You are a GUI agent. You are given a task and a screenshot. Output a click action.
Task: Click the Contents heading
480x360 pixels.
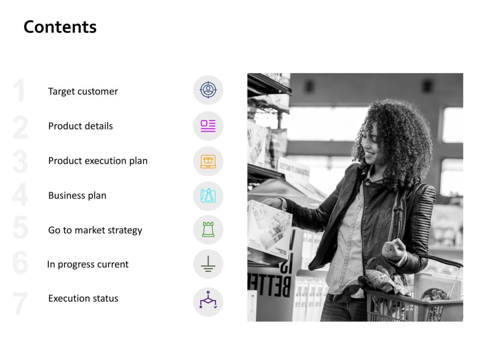coord(60,27)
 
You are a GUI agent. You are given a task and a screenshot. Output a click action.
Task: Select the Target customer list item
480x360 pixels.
coord(83,91)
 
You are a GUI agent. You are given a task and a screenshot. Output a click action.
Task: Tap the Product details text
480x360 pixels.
coord(81,126)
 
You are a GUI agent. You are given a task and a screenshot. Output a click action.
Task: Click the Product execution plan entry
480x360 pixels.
coord(98,161)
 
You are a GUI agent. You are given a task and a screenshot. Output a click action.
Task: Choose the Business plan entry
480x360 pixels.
coord(77,195)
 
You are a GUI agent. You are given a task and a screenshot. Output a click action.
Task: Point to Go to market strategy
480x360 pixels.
coord(95,230)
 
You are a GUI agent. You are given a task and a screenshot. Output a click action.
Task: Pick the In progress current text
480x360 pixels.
coord(88,264)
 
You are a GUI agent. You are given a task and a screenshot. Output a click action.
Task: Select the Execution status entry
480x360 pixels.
coord(83,298)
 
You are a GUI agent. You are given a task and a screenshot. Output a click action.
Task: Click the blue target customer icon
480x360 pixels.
coord(208,90)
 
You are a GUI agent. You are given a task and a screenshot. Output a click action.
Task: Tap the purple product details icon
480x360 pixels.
coord(208,126)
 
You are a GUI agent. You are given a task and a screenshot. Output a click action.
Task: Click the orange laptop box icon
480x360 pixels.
coord(208,161)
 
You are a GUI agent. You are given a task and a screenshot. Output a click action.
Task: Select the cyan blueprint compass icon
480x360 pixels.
coord(208,195)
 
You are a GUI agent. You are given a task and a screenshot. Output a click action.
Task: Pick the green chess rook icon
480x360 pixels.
coord(208,229)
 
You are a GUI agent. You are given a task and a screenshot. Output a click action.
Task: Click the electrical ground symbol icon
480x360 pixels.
coord(208,264)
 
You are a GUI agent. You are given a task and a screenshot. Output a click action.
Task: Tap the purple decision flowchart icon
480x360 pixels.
coord(208,300)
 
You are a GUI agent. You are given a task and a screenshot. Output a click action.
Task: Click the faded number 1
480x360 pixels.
coord(20,90)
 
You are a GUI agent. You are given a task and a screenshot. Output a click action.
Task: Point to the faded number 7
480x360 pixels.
coord(20,303)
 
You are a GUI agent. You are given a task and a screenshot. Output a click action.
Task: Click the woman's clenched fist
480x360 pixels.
coord(394,249)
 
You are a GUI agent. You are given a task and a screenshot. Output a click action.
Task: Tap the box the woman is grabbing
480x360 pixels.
coord(269,228)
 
